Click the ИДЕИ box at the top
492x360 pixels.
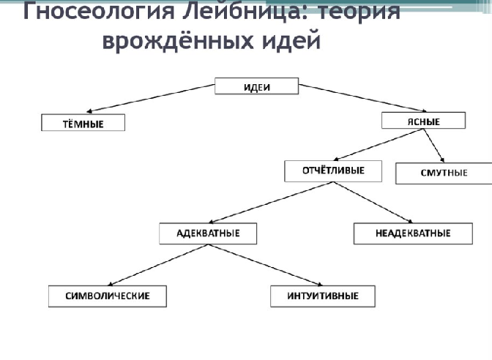pyautogui.click(x=257, y=86)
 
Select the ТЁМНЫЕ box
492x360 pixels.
pyautogui.click(x=83, y=123)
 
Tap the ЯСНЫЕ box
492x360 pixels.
pyautogui.click(x=424, y=121)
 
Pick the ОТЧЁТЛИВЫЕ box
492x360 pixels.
pyautogui.click(x=333, y=171)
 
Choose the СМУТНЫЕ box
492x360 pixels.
pyautogui.click(x=444, y=173)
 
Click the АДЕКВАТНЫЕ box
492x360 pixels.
pyautogui.click(x=208, y=233)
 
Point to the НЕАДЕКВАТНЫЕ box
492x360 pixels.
pyautogui.click(x=413, y=233)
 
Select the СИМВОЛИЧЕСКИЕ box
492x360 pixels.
pyautogui.click(x=108, y=296)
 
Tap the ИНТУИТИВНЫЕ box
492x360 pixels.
pyautogui.click(x=323, y=296)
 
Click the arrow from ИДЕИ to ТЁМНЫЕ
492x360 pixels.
pyautogui.click(x=151, y=98)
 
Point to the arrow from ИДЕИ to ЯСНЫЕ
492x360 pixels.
pyautogui.click(x=362, y=98)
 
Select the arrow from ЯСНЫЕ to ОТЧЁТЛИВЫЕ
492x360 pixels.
pyautogui.click(x=379, y=145)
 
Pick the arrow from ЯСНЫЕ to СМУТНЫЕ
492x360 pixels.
pyautogui.click(x=434, y=146)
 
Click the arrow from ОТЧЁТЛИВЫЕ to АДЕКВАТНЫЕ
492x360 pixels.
pyautogui.click(x=271, y=203)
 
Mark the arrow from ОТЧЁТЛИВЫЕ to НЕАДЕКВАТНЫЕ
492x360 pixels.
pyautogui.click(x=373, y=203)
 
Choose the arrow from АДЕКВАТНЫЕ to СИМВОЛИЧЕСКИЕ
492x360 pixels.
pyautogui.click(x=158, y=266)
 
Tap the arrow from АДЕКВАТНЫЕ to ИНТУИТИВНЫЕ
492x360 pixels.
pyautogui.click(x=266, y=266)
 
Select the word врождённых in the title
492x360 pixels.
pyautogui.click(x=177, y=41)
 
